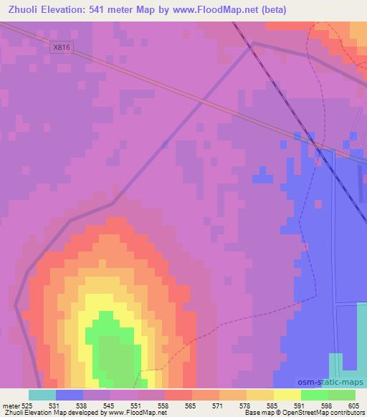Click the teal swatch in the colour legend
point(42,395)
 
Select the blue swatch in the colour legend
point(69,395)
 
